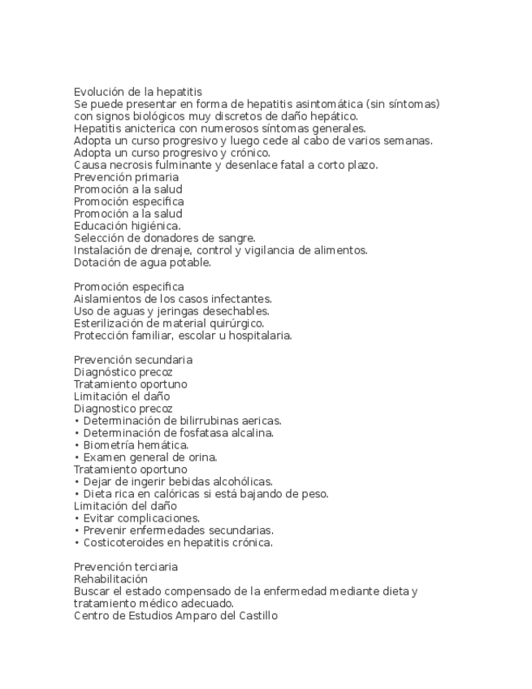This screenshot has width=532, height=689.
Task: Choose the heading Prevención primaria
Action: (126, 177)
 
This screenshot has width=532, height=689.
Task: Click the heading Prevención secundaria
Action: (132, 360)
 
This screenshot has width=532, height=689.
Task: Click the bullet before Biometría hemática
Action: (77, 445)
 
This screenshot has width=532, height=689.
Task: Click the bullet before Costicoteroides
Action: (77, 543)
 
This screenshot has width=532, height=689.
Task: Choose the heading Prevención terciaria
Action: (126, 567)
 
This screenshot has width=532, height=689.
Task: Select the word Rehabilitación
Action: (110, 579)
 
